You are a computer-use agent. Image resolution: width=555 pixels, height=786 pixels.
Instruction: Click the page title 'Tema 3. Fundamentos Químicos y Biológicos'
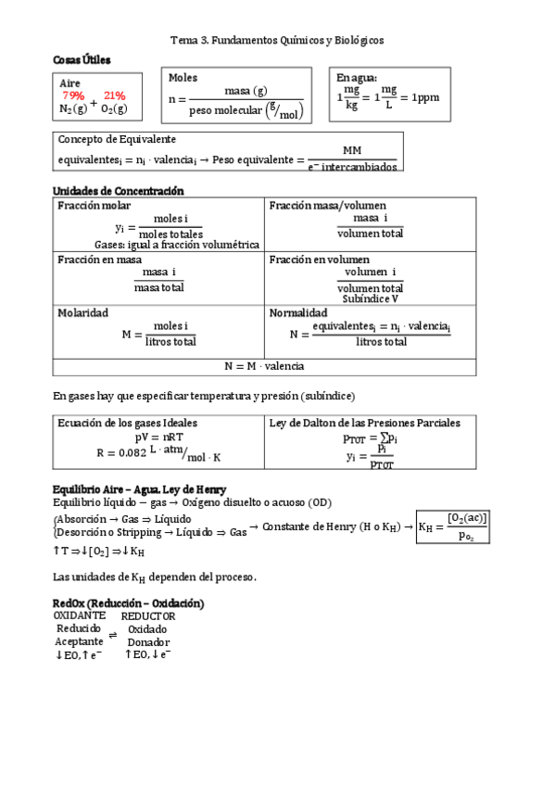click(x=277, y=41)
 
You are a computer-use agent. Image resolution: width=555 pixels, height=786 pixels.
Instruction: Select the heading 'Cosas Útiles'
click(x=82, y=59)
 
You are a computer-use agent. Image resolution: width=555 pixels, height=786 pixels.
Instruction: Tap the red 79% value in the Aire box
click(x=73, y=95)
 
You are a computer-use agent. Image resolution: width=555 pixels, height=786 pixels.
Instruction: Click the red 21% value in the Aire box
click(x=115, y=95)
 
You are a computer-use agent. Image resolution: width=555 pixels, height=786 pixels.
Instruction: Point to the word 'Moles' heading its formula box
click(x=183, y=78)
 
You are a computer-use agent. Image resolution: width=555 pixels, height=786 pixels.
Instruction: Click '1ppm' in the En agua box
click(x=426, y=96)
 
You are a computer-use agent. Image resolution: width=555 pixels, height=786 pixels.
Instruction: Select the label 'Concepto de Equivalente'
click(x=117, y=139)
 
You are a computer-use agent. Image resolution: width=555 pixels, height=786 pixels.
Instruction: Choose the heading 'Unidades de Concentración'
click(x=119, y=191)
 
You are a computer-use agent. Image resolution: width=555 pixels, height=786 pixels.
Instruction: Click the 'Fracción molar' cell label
click(x=94, y=205)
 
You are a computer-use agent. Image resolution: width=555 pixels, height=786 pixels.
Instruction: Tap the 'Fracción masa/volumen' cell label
click(x=327, y=205)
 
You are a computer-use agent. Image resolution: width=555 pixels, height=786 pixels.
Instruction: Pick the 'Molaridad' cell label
click(x=83, y=313)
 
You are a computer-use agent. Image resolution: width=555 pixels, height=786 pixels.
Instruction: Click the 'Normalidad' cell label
click(x=297, y=313)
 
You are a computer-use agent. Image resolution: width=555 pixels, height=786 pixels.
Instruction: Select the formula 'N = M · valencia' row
click(x=264, y=366)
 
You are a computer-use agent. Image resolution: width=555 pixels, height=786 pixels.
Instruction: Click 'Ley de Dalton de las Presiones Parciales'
click(x=364, y=423)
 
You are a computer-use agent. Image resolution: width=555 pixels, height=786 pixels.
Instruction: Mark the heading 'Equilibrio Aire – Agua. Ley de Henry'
click(x=140, y=488)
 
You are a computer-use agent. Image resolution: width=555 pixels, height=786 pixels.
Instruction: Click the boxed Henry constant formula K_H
click(x=452, y=526)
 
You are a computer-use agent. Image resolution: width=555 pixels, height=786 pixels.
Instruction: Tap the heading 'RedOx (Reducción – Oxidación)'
click(x=129, y=603)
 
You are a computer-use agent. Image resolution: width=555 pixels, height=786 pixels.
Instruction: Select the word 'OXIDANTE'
click(x=80, y=615)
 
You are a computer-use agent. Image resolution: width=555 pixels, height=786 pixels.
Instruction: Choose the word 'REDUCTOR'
click(x=148, y=615)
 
